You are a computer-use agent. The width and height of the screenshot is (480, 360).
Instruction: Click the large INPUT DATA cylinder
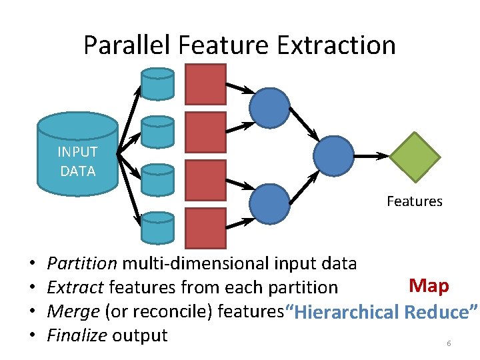[x=77, y=154]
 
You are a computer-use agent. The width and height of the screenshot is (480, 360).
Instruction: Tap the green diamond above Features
[x=415, y=157]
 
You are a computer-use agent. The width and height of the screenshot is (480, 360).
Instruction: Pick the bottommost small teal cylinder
[x=157, y=228]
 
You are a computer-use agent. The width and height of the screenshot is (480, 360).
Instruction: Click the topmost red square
[x=205, y=84]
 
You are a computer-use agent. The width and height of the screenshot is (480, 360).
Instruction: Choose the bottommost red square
[x=205, y=228]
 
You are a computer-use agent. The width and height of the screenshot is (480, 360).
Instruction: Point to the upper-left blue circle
[x=269, y=107]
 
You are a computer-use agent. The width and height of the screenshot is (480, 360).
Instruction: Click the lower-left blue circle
[x=269, y=203]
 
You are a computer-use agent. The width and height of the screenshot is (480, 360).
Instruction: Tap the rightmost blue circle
[x=333, y=155]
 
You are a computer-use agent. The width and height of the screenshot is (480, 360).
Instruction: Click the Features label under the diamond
[x=414, y=201]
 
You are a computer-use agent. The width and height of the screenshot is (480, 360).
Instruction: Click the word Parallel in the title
[x=127, y=45]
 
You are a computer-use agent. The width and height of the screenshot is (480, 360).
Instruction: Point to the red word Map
[x=429, y=286]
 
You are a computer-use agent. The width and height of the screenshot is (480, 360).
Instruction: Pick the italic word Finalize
[x=77, y=335]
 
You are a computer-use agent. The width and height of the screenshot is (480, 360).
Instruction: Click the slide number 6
[x=449, y=343]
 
